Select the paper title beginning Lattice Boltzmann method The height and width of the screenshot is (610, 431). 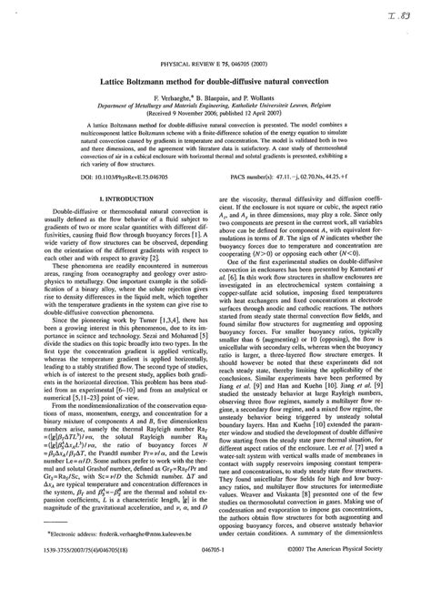(215, 84)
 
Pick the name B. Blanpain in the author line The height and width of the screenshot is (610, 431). (215, 98)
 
